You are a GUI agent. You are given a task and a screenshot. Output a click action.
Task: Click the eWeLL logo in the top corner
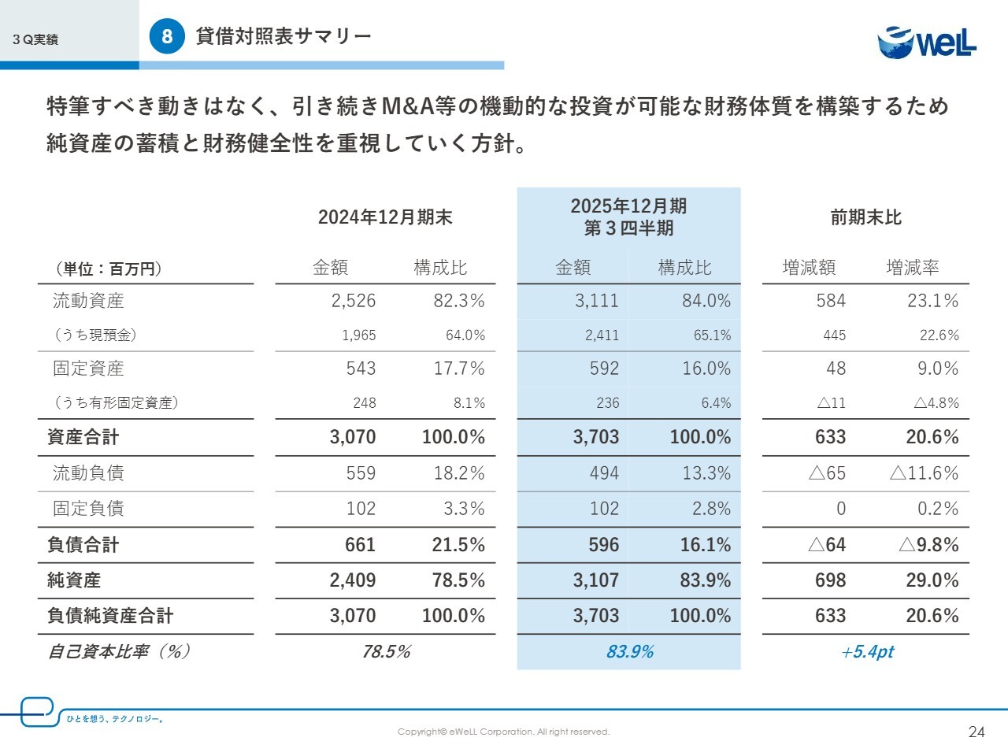pyautogui.click(x=927, y=42)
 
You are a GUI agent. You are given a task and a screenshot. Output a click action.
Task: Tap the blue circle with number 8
pyautogui.click(x=167, y=36)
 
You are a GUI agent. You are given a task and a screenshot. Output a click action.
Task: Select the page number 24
pyautogui.click(x=976, y=732)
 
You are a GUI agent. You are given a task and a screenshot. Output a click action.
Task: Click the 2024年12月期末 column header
pyautogui.click(x=385, y=217)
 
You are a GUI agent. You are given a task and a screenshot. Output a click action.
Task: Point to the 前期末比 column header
pyautogui.click(x=865, y=217)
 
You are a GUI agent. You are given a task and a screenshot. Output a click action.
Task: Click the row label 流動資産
pyautogui.click(x=88, y=301)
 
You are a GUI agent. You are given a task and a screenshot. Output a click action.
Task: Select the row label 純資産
pyautogui.click(x=74, y=580)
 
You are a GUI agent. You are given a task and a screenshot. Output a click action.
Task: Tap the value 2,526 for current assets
pyautogui.click(x=354, y=301)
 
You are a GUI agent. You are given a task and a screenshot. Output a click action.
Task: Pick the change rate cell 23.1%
pyautogui.click(x=932, y=301)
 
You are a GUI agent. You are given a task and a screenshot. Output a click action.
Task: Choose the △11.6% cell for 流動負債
pyautogui.click(x=924, y=473)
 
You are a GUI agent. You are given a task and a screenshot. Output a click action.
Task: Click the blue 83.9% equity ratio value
pyautogui.click(x=630, y=652)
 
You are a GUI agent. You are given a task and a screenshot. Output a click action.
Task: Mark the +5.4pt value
pyautogui.click(x=867, y=652)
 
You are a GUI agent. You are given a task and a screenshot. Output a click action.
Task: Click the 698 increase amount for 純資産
pyautogui.click(x=830, y=580)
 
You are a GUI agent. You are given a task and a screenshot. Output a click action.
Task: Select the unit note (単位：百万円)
pyautogui.click(x=109, y=269)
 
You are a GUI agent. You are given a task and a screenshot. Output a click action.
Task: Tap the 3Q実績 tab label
pyautogui.click(x=35, y=39)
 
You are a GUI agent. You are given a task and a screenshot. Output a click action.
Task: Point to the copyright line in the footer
pyautogui.click(x=503, y=732)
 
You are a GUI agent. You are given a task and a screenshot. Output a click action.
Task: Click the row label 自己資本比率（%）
pyautogui.click(x=119, y=652)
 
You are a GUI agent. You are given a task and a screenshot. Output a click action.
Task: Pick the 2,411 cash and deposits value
pyautogui.click(x=602, y=335)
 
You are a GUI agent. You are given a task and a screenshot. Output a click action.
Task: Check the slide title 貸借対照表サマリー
pyautogui.click(x=283, y=36)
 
